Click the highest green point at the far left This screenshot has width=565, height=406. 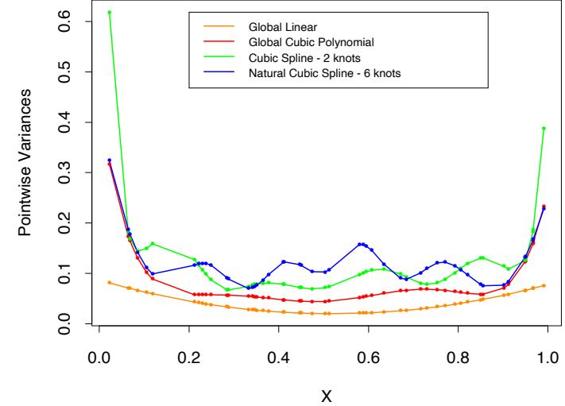(x=110, y=12)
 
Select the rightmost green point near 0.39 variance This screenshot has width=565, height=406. (x=544, y=128)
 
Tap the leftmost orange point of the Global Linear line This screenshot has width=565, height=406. (x=110, y=282)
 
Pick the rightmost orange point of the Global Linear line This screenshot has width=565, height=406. (x=544, y=285)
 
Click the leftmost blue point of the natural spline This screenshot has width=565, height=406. (x=110, y=160)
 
